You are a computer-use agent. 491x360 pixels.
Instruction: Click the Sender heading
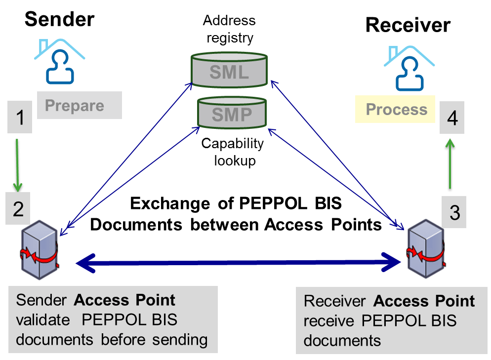point(59,19)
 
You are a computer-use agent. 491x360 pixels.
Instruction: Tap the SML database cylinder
point(229,72)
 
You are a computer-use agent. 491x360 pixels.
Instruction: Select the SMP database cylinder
point(232,115)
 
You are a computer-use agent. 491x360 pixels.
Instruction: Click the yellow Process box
point(395,109)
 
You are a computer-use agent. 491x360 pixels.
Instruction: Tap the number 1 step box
point(20,118)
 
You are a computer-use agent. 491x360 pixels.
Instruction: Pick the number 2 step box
point(19,209)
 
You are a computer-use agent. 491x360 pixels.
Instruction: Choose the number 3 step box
point(454,212)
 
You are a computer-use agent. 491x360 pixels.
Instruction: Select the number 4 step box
point(452,119)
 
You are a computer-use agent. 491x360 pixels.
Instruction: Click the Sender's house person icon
point(59,62)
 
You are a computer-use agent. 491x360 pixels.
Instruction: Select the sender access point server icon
point(42,249)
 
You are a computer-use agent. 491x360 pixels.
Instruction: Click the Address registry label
point(229,29)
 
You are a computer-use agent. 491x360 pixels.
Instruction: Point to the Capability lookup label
point(232,152)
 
